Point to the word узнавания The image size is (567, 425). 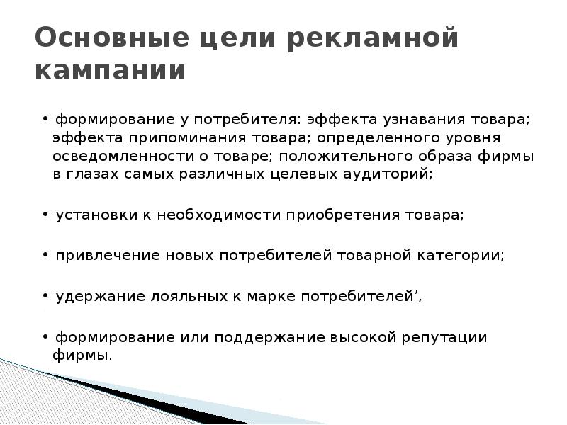click(417, 118)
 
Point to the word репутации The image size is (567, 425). click(443, 338)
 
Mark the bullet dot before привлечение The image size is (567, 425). click(45, 256)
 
